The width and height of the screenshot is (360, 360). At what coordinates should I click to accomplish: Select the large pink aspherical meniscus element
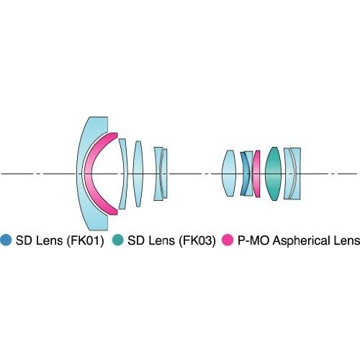(x=88, y=174)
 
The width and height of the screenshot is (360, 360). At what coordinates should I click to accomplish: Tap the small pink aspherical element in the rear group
(x=257, y=174)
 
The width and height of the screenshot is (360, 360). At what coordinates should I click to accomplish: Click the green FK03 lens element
(x=273, y=174)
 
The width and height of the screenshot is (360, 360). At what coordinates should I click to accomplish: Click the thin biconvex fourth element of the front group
(x=138, y=174)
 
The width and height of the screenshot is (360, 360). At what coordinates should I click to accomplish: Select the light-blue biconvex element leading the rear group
(x=229, y=174)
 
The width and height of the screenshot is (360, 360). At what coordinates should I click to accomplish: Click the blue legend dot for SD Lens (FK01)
(x=6, y=240)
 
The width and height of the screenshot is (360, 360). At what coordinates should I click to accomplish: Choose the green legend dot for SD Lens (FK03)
(x=117, y=240)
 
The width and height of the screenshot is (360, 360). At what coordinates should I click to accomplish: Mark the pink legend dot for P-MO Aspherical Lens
(x=228, y=240)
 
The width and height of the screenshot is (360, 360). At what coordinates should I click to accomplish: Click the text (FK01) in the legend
(x=85, y=240)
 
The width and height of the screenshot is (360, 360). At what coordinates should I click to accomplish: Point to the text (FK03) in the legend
(x=197, y=240)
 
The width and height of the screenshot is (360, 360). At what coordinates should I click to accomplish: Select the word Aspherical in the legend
(x=305, y=241)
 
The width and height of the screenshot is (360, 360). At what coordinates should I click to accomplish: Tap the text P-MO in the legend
(x=253, y=240)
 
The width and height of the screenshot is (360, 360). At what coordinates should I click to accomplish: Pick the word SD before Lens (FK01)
(x=24, y=240)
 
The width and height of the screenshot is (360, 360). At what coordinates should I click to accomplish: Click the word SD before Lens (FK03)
(x=135, y=240)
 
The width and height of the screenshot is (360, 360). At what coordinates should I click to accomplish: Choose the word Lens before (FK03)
(x=161, y=240)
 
